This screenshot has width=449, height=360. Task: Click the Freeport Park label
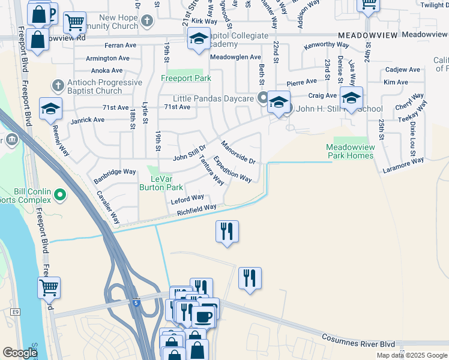(x=185, y=79)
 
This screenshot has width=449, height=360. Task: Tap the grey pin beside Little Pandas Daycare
(x=262, y=98)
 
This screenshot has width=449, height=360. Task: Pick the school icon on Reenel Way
(x=51, y=109)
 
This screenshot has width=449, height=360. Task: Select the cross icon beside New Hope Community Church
(x=148, y=22)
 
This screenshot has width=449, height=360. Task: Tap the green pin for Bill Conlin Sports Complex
(x=59, y=194)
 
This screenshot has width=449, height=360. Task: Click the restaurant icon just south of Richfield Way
(x=227, y=232)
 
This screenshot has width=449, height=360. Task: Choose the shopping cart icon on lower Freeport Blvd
(x=49, y=287)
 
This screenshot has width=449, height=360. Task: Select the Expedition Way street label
(x=232, y=170)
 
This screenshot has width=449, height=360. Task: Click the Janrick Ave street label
(x=88, y=120)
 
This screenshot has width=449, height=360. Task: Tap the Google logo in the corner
(x=20, y=353)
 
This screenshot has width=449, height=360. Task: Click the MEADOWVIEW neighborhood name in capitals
(x=367, y=36)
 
